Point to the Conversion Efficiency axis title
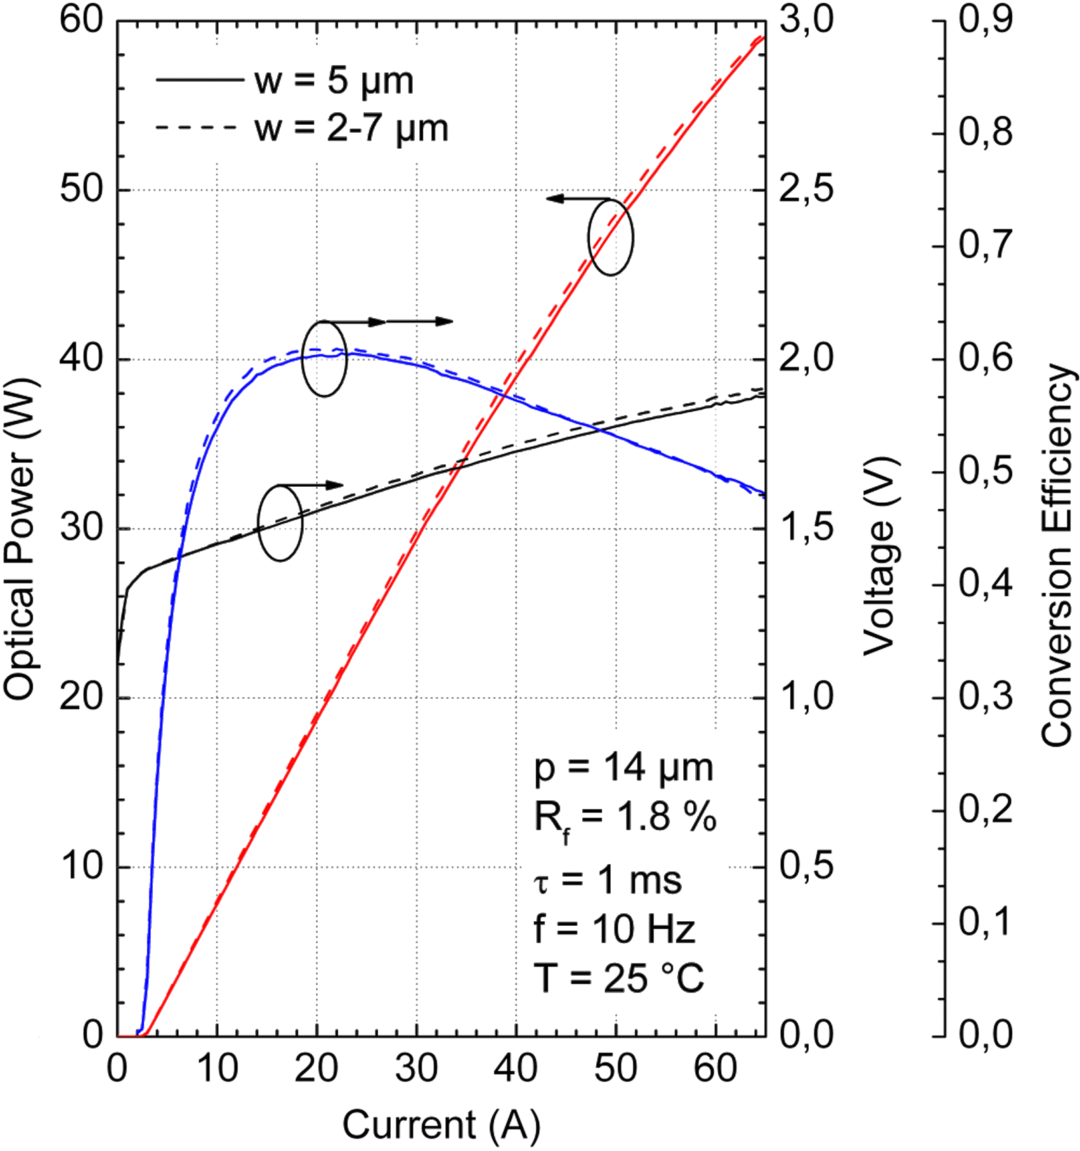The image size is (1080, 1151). [1057, 555]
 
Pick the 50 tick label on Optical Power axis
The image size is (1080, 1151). [82, 190]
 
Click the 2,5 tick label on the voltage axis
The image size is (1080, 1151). [806, 190]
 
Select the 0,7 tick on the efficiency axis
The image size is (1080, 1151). [986, 245]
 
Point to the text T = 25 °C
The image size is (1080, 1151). [619, 978]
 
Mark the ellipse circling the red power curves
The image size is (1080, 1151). [611, 237]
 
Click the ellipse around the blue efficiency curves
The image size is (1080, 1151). [324, 359]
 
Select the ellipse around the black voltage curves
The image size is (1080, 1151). [280, 523]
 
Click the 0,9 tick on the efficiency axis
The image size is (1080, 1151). [986, 21]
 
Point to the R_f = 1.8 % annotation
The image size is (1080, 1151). [625, 818]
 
